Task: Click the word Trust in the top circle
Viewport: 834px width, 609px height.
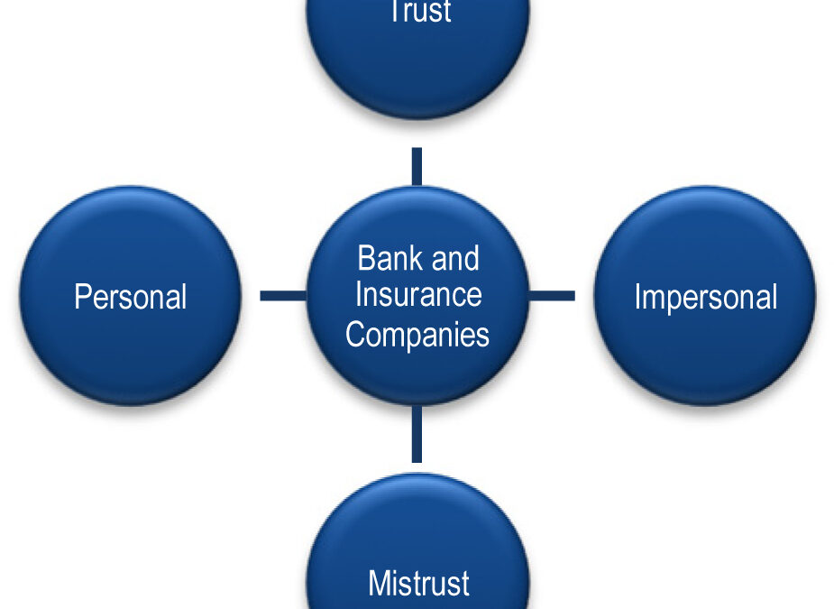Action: tap(421, 11)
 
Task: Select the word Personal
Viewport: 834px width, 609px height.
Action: tap(131, 296)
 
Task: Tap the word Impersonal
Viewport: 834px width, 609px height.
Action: tap(706, 297)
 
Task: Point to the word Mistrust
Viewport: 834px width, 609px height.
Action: tap(418, 583)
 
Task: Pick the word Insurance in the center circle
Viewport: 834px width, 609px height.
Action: tap(418, 294)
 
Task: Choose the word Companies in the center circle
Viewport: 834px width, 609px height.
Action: tap(417, 335)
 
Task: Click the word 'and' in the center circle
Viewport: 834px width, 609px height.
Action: tap(455, 258)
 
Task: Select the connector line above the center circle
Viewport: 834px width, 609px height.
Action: tap(417, 167)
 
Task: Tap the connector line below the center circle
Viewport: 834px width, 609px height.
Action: tap(417, 434)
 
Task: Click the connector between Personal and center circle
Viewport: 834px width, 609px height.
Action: tap(283, 295)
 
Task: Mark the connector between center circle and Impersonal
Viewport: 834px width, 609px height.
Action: tap(552, 295)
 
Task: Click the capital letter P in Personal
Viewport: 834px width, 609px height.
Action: tap(82, 296)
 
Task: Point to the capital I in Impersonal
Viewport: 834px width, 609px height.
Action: tap(637, 296)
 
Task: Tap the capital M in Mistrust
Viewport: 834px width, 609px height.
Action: tap(380, 583)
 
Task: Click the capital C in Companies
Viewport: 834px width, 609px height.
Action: tap(356, 334)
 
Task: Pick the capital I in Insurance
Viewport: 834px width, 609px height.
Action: tap(359, 294)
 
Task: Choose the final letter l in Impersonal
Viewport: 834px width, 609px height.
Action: tap(774, 296)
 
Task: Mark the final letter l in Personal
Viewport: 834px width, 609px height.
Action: tap(184, 296)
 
